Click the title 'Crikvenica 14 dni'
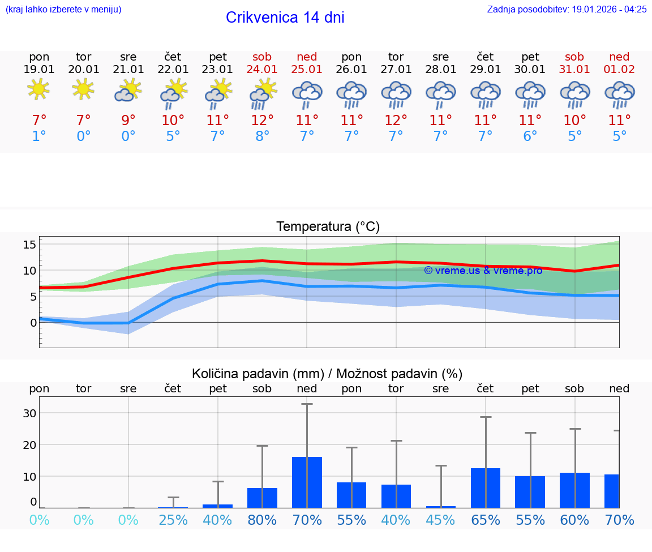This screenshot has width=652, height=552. [285, 18]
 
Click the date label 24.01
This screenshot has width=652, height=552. [262, 69]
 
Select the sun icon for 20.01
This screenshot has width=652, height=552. [84, 89]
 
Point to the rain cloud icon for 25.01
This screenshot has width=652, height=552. [307, 94]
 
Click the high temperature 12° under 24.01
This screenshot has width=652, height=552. [262, 121]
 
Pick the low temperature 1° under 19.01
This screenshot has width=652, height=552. [39, 136]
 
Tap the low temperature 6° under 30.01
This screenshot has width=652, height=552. [530, 136]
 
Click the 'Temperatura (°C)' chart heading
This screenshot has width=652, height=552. [328, 227]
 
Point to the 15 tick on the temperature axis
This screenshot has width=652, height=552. [29, 245]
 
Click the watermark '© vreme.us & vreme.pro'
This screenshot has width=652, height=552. [483, 271]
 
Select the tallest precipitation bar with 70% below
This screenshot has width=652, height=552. [307, 482]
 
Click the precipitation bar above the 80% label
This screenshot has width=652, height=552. [262, 498]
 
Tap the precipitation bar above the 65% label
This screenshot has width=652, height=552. [486, 488]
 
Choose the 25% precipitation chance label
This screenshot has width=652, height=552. [173, 520]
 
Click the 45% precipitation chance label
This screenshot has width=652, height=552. [441, 520]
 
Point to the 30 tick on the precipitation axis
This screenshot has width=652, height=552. [29, 413]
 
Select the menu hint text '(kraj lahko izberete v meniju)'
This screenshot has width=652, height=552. [63, 9]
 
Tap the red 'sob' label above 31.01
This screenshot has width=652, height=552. [574, 57]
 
